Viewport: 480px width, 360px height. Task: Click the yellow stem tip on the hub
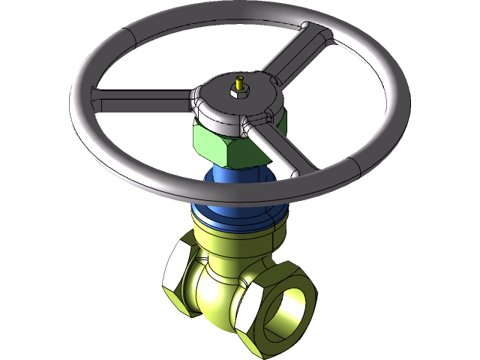(240, 80)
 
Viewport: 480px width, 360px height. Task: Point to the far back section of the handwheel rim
(247, 15)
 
